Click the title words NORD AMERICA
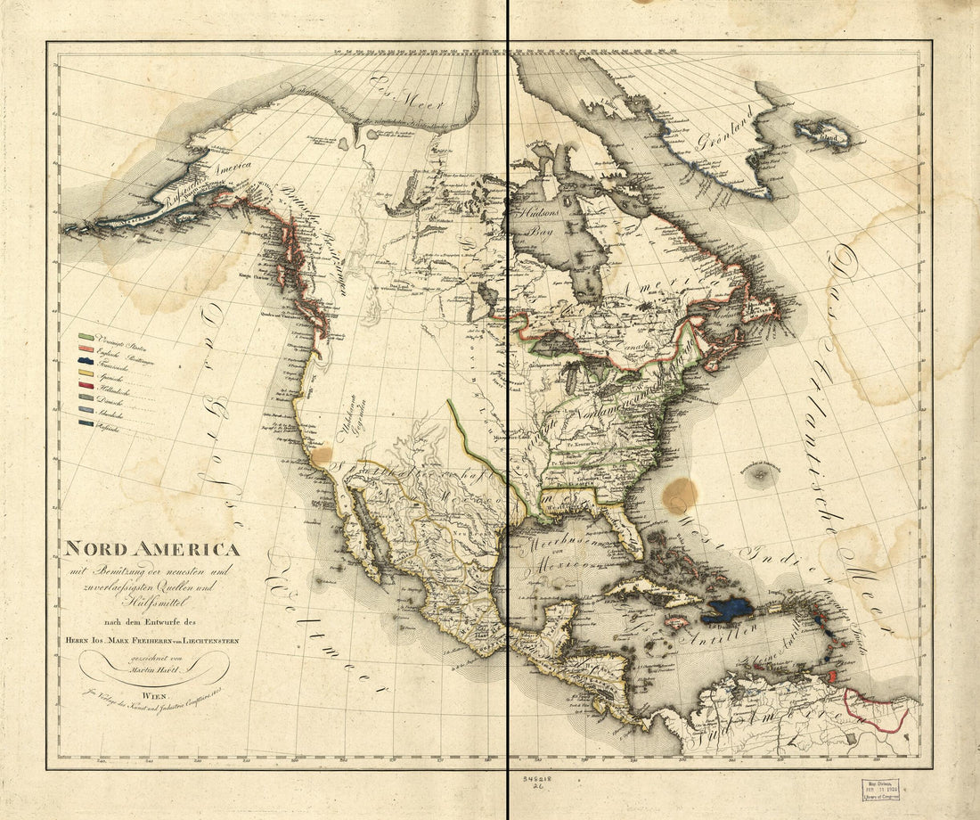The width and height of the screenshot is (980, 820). (x=149, y=550)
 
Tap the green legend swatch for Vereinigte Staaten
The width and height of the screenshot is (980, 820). (x=86, y=337)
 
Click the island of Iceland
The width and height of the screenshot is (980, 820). (x=823, y=135)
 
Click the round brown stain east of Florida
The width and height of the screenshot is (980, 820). (x=681, y=495)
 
